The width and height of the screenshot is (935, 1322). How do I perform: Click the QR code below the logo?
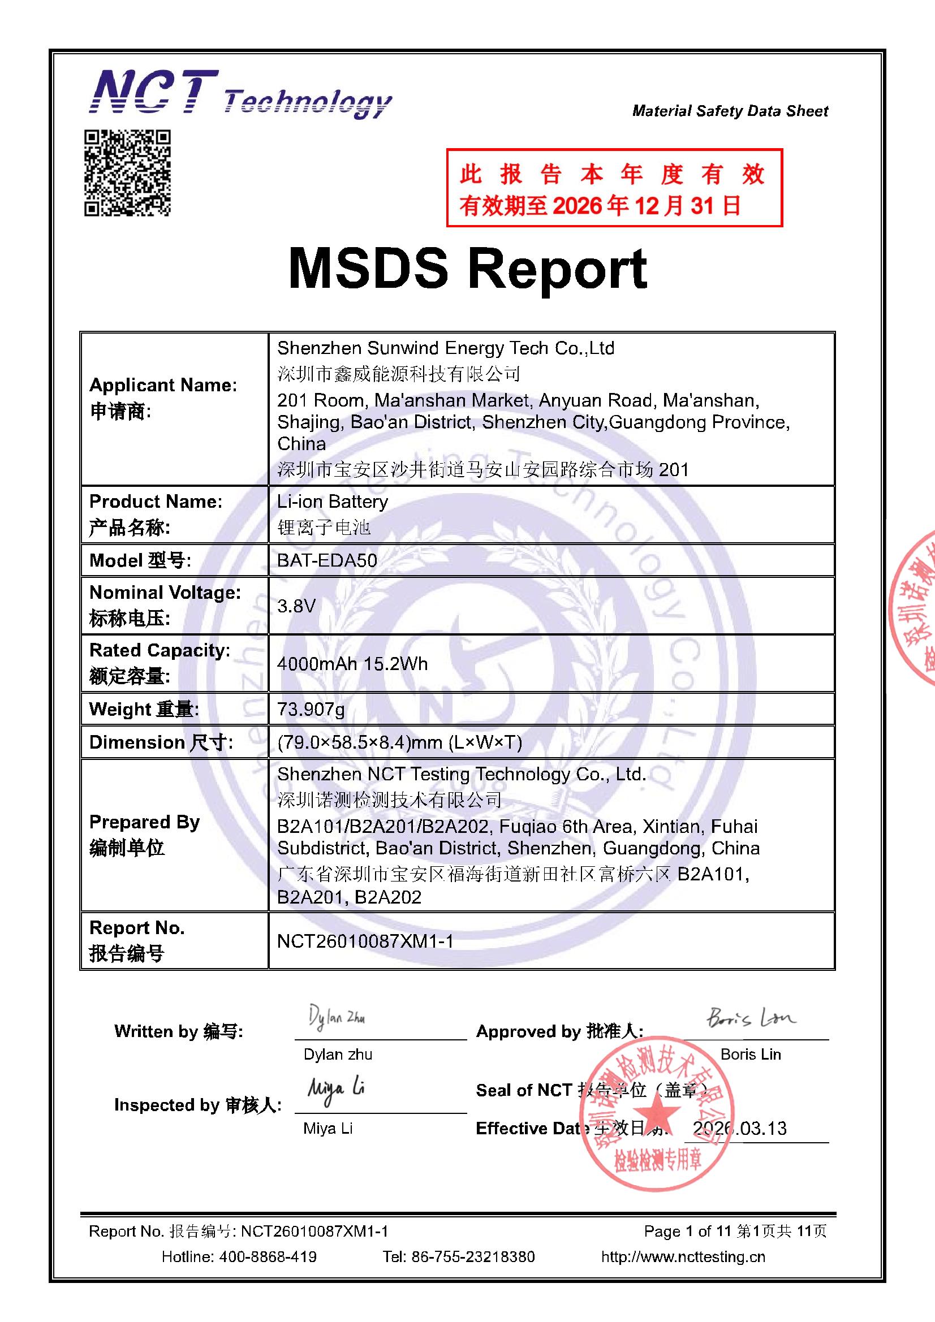click(127, 172)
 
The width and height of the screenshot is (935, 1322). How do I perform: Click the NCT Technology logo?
click(240, 94)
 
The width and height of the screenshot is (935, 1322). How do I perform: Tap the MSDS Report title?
click(467, 269)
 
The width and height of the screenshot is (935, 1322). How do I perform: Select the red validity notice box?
click(614, 188)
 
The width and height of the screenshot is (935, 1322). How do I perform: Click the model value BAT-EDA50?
click(326, 560)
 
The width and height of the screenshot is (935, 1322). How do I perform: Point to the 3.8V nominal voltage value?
click(296, 606)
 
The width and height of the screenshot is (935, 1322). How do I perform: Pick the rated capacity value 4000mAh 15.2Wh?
click(352, 664)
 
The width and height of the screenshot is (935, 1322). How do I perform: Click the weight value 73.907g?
click(311, 709)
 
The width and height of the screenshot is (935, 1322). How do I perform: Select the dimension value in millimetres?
click(399, 742)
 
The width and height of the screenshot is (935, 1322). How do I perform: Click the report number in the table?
click(365, 941)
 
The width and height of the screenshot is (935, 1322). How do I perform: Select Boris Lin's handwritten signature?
click(751, 1018)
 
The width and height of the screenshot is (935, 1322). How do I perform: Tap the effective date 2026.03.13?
click(740, 1128)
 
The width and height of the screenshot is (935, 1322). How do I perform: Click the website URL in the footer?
click(683, 1256)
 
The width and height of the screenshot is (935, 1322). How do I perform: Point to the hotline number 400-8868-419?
click(268, 1256)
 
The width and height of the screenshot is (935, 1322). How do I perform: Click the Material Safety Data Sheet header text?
click(730, 111)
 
